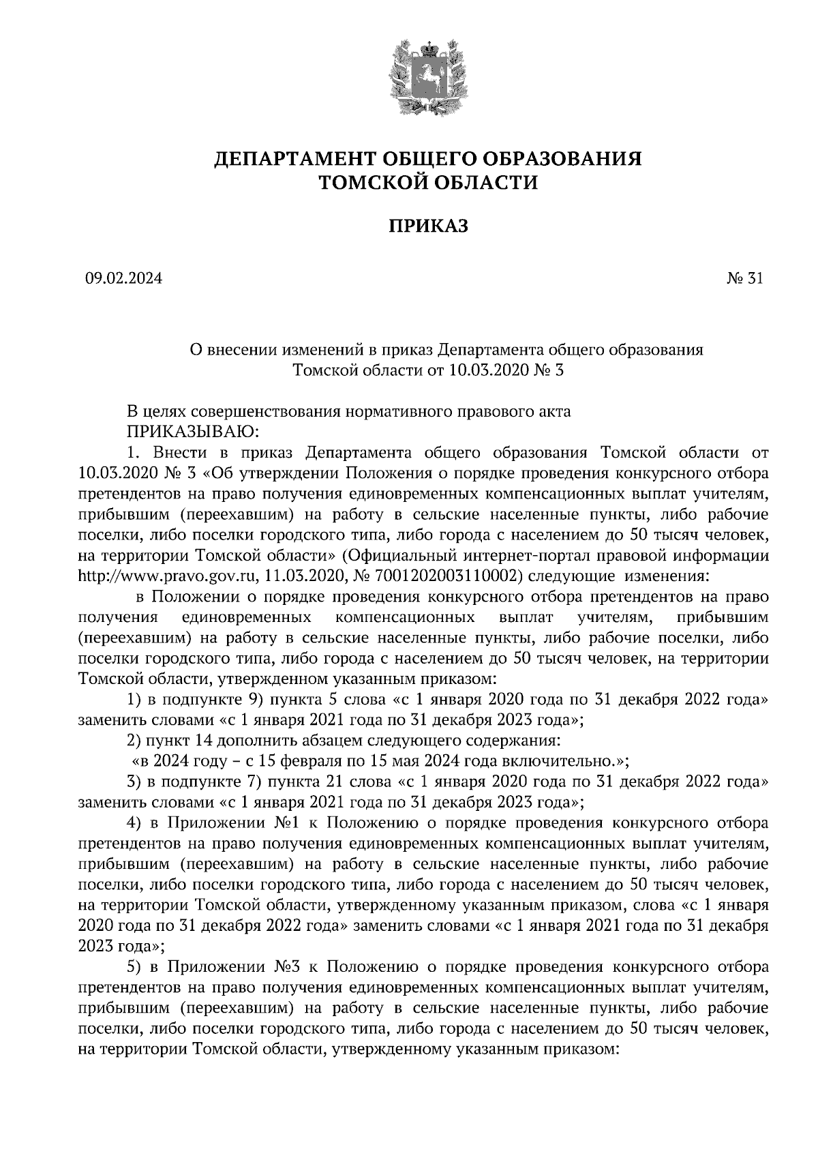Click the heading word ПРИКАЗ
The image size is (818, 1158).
[x=428, y=226]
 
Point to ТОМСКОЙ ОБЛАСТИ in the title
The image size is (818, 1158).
[x=428, y=182]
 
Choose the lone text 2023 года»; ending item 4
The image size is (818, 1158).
[x=122, y=946]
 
